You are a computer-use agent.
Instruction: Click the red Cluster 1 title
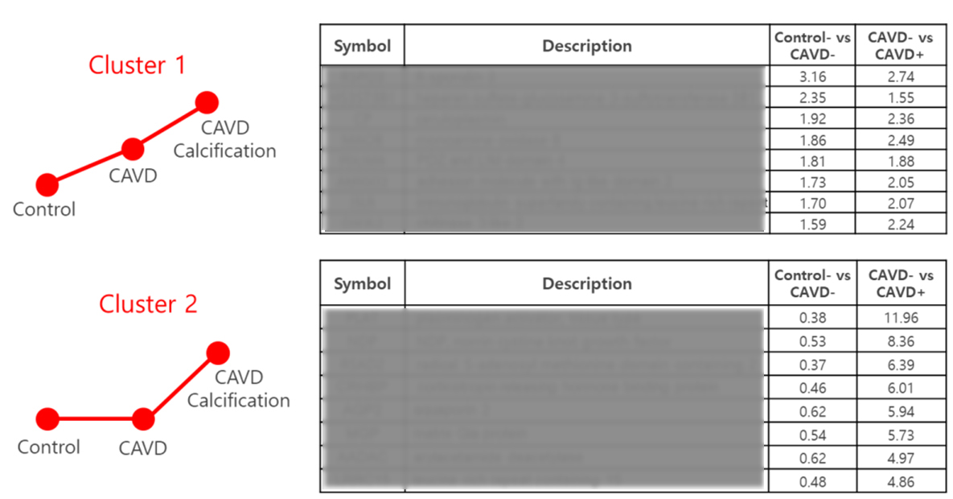tap(137, 65)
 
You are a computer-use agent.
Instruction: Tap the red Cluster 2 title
tap(148, 304)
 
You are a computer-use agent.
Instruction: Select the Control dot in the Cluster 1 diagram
tap(47, 185)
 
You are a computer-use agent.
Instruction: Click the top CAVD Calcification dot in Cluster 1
tap(207, 102)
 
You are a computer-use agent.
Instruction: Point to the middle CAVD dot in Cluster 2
tap(143, 419)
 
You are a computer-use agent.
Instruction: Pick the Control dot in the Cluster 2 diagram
tap(47, 419)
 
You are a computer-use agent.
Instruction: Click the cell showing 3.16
tap(812, 77)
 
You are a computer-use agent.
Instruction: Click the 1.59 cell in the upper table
tap(812, 225)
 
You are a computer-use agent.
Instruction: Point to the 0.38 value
tap(812, 318)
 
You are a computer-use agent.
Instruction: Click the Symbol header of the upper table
tap(362, 46)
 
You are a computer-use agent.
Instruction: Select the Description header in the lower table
tap(586, 283)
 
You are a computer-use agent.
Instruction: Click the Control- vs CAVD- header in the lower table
tap(812, 283)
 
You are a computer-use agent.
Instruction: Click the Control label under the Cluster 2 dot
tap(48, 447)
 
